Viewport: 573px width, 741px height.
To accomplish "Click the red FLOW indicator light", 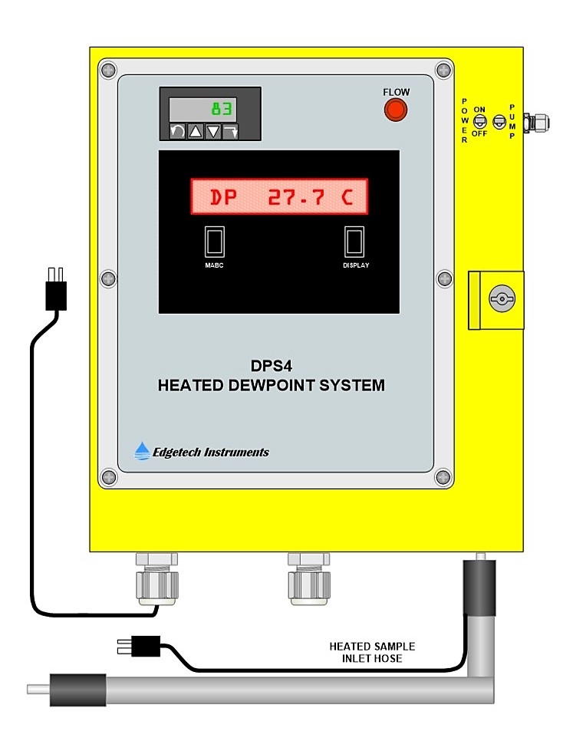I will click(x=396, y=110).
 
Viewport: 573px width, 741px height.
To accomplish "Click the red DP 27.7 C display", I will click(x=279, y=197).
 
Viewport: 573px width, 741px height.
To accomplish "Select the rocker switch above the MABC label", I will click(x=214, y=242).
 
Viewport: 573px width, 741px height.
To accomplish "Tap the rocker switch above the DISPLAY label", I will click(x=354, y=242).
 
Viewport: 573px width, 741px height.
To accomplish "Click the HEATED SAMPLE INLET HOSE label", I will click(x=372, y=652).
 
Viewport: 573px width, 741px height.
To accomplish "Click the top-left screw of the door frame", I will click(x=108, y=70).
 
